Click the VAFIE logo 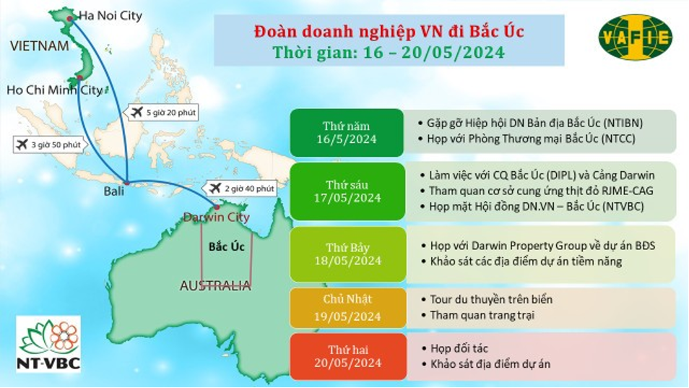(636, 37)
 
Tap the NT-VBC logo (48, 344)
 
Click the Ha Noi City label (110, 17)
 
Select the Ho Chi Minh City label (54, 90)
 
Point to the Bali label (114, 191)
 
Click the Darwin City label (216, 217)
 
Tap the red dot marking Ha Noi (69, 19)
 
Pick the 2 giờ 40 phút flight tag (240, 189)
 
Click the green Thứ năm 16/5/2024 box (347, 133)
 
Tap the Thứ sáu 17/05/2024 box (347, 191)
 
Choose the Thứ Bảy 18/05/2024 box (347, 254)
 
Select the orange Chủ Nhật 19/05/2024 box (347, 308)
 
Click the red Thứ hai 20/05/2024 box (347, 356)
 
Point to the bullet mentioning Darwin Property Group (538, 246)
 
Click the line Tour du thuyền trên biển (487, 300)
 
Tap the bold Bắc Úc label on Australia (227, 246)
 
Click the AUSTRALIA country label (215, 286)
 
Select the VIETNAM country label (40, 46)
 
